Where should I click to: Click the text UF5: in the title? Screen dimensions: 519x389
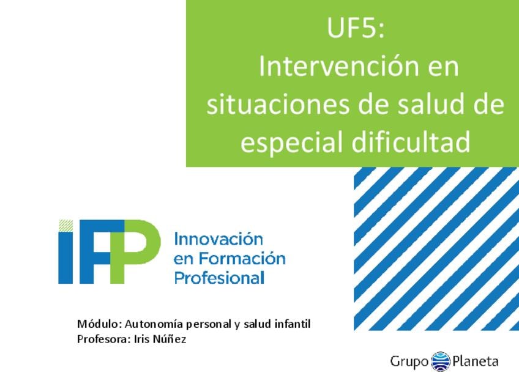(356, 28)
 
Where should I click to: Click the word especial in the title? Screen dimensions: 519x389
(291, 143)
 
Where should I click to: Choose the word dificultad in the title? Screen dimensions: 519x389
(411, 141)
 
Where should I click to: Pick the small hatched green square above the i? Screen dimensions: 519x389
(65, 225)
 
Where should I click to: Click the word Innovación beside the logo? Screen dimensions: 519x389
(218, 239)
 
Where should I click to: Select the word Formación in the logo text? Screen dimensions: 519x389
(242, 258)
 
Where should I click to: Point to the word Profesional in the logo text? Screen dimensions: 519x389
(219, 278)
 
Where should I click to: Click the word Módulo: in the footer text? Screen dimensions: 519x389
(97, 324)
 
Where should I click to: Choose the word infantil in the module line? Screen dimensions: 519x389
(293, 324)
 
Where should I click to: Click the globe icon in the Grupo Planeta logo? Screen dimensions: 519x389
(441, 361)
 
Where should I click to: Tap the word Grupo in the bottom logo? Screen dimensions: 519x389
(409, 361)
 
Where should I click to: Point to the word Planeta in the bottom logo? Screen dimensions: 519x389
(476, 360)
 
